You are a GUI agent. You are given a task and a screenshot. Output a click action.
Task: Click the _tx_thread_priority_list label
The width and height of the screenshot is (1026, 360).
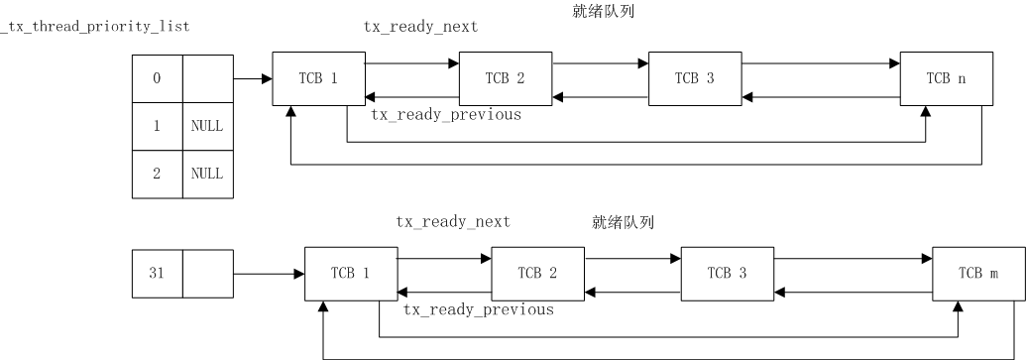click(x=94, y=26)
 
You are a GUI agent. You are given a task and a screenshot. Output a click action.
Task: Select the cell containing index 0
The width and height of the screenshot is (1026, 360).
click(x=157, y=78)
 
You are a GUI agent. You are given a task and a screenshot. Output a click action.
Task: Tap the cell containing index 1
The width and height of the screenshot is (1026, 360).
click(x=157, y=126)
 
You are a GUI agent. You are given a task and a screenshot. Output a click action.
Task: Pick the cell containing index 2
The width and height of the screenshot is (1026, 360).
click(x=157, y=173)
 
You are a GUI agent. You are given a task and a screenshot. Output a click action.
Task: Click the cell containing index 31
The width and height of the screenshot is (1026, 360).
click(x=157, y=273)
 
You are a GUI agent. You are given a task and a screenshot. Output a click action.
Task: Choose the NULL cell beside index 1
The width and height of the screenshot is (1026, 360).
click(x=206, y=126)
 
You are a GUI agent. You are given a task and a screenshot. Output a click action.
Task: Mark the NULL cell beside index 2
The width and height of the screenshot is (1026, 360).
click(x=206, y=173)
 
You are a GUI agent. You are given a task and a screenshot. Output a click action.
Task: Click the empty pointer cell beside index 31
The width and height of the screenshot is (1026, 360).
click(x=206, y=273)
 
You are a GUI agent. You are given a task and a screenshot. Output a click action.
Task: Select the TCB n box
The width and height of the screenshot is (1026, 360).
click(x=947, y=79)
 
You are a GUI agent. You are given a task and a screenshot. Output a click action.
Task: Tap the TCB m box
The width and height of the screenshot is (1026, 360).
click(x=978, y=273)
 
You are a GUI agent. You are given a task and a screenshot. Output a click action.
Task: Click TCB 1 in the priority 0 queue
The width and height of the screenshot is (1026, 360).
click(x=318, y=79)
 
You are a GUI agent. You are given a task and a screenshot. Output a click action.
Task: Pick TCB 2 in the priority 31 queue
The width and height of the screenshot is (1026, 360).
click(x=538, y=273)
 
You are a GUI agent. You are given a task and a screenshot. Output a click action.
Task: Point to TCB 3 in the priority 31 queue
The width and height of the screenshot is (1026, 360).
click(x=728, y=273)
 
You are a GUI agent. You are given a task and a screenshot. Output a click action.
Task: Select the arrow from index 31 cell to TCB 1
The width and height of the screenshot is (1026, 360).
click(x=268, y=273)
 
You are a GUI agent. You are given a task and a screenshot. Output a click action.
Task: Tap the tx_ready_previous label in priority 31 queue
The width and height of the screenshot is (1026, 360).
click(x=478, y=310)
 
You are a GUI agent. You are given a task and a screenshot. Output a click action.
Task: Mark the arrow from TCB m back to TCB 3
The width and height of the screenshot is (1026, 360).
click(x=853, y=292)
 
